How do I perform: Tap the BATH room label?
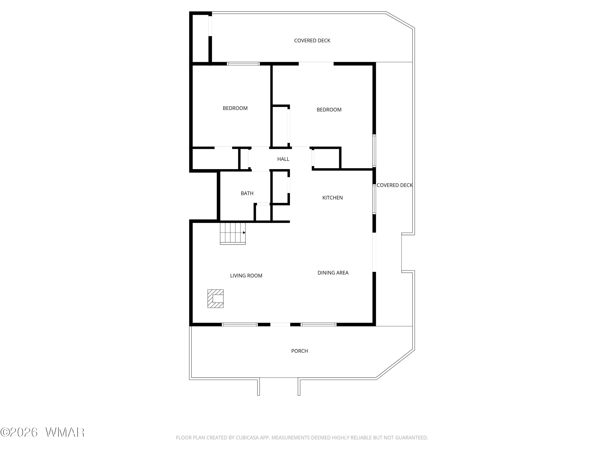click(247, 193)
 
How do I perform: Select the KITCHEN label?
click(332, 198)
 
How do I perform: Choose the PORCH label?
click(300, 351)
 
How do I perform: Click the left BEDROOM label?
click(235, 108)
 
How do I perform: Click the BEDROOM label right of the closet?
click(329, 110)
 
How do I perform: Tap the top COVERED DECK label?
click(312, 41)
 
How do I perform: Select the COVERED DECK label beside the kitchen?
click(395, 185)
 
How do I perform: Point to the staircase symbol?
click(233, 234)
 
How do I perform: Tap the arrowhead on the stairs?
click(244, 233)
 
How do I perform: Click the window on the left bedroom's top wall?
click(243, 64)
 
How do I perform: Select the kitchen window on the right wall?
click(374, 199)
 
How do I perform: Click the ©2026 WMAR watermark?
click(42, 432)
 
